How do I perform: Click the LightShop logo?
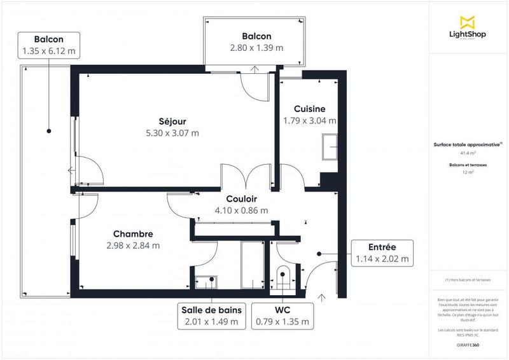[468, 27]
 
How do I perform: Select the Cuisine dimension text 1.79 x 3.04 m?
[310, 120]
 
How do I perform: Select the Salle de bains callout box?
[211, 316]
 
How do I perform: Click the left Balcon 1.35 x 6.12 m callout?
[48, 43]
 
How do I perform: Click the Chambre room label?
[133, 234]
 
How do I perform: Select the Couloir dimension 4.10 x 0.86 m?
[241, 211]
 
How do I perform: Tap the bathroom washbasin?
[205, 280]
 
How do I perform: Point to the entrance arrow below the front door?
[321, 296]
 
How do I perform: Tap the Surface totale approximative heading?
[468, 145]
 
